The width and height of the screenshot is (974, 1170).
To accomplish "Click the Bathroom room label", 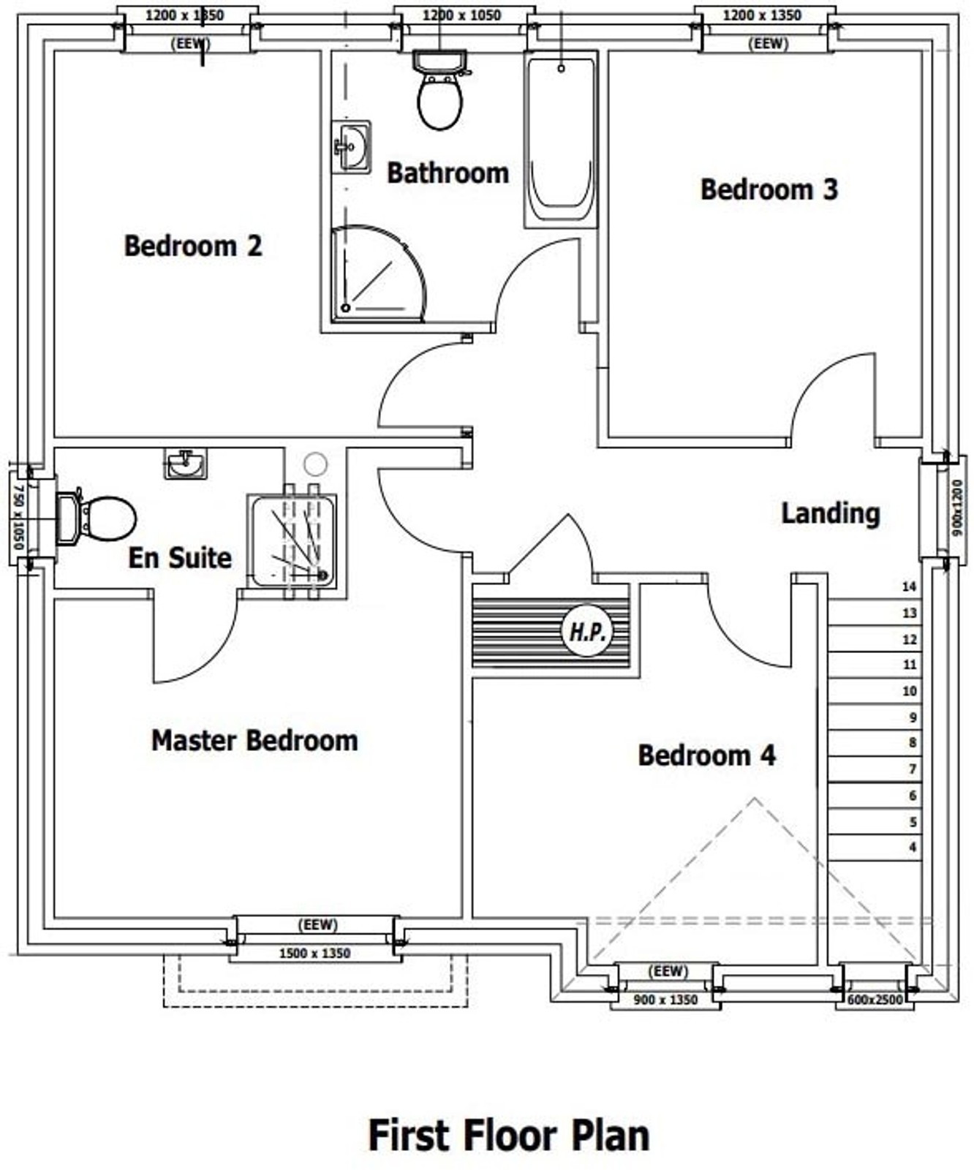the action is coord(448,173).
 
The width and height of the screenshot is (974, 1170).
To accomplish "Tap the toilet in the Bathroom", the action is coord(440,89).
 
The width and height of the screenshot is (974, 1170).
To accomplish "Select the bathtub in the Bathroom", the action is coord(561,140).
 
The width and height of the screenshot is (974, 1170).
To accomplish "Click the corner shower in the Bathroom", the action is coord(377,273).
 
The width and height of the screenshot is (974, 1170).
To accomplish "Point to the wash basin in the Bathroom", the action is coord(352,147).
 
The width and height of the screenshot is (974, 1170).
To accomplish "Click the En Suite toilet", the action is coord(96,518).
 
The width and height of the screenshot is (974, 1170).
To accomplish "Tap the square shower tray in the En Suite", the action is coord(293,541).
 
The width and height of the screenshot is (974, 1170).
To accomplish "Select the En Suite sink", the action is coord(185,464).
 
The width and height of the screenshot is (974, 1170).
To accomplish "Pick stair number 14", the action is coord(909,586).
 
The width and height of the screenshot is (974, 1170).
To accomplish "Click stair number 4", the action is coord(913,848).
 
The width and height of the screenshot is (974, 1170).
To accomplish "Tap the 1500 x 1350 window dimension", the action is coord(314,954).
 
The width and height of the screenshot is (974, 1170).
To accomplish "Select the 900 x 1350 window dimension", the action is coord(665,1000).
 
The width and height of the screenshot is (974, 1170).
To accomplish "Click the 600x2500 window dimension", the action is coord(875,1000).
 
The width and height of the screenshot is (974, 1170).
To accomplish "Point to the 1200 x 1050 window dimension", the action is coord(461,15).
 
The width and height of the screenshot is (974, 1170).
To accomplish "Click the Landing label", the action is coord(831,513).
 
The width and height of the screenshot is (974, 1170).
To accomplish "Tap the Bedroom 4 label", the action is coord(707,755).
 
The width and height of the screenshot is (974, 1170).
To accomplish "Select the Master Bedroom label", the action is coord(254,741).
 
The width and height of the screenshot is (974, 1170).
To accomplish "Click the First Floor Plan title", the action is coord(509,1136).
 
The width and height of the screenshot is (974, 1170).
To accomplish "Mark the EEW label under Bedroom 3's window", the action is coord(768,44).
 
